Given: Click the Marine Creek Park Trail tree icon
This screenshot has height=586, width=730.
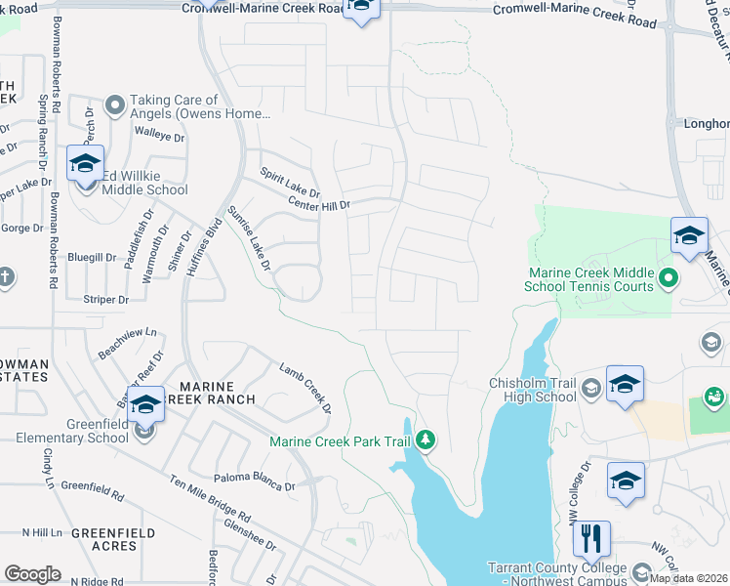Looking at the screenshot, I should [426, 441].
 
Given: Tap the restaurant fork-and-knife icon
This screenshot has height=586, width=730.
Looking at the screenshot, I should [591, 538].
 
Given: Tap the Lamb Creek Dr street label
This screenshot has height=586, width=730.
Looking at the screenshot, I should [305, 387].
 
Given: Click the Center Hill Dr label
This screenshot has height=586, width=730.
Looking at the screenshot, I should [319, 203].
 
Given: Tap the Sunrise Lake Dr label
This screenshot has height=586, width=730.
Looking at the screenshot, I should [248, 238].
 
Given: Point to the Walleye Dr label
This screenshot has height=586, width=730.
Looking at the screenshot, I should [160, 138].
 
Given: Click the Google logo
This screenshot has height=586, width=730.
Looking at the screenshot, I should [32, 574].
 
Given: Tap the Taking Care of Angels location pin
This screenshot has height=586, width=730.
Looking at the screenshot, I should [114, 103].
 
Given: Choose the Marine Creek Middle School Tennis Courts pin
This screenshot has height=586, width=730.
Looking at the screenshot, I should [668, 279].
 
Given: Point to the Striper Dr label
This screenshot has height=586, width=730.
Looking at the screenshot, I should [106, 299].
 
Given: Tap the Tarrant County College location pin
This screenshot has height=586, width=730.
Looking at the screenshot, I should [641, 571].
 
